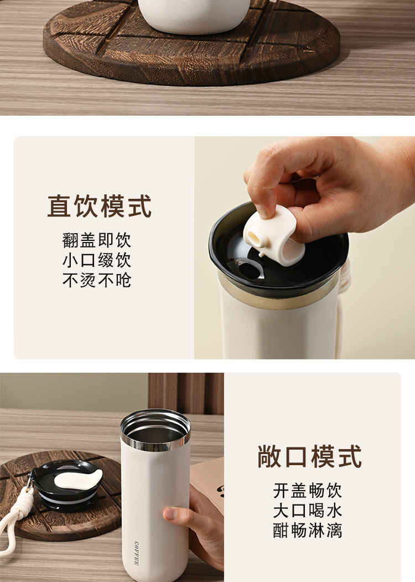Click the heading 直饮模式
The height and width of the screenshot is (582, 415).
coord(100,207)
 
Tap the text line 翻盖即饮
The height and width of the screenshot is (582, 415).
coord(97,241)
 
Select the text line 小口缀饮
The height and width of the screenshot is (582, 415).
coord(97,260)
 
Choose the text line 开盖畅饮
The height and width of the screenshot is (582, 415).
coord(308,491)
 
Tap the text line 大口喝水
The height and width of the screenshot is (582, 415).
coord(308,510)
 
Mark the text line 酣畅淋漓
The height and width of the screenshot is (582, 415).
coord(308,530)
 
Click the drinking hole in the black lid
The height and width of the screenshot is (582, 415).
coord(252,271)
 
